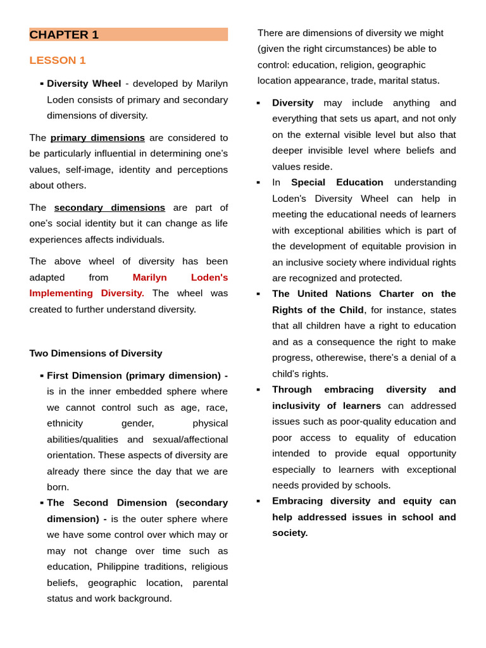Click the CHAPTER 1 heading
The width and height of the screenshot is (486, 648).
coord(64,35)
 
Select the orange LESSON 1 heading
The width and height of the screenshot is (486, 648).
coord(58,60)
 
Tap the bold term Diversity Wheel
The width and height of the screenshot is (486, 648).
coord(84,84)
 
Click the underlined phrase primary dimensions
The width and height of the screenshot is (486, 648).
coord(97,137)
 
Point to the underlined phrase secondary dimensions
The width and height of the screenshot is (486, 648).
coord(109,208)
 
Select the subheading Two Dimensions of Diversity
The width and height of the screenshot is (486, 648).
coord(96,353)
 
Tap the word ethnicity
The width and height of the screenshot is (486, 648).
coord(66,423)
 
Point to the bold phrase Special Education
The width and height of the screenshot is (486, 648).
coord(337,182)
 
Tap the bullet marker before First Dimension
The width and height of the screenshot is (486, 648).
coord(42,376)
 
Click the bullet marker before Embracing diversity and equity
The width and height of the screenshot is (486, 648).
coord(258,501)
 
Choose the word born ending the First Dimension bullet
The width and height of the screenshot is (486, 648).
coord(58,487)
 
